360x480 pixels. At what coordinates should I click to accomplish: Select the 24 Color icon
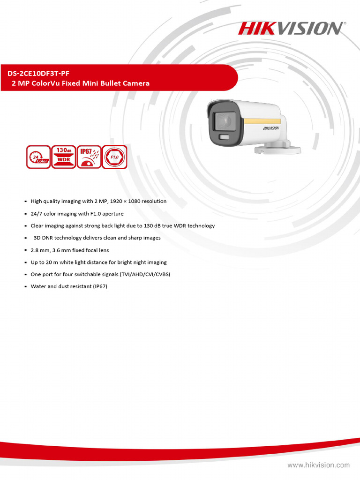pyautogui.click(x=38, y=157)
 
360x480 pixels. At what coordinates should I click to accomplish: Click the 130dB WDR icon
pyautogui.click(x=63, y=157)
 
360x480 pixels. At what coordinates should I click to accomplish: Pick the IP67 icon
pyautogui.click(x=89, y=157)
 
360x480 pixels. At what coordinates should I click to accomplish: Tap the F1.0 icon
pyautogui.click(x=114, y=157)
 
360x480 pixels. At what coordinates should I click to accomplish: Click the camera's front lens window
pyautogui.click(x=224, y=121)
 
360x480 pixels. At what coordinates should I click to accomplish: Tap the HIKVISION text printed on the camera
pyautogui.click(x=270, y=128)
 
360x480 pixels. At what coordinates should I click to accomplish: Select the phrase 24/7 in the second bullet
pyautogui.click(x=37, y=213)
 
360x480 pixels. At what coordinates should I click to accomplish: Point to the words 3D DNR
pyautogui.click(x=45, y=238)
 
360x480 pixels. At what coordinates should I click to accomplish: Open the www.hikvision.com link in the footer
pyautogui.click(x=318, y=465)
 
